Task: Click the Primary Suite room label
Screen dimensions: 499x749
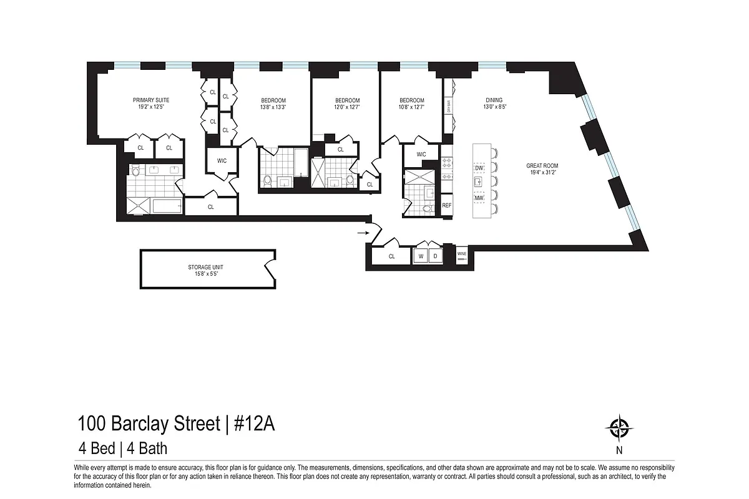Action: tap(150, 100)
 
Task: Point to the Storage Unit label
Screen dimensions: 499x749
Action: tap(203, 267)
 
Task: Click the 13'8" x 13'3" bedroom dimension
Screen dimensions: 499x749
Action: tap(273, 107)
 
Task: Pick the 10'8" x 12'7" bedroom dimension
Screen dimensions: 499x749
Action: tap(412, 107)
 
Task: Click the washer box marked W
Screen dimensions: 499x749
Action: tap(421, 256)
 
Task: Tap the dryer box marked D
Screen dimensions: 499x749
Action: tap(435, 256)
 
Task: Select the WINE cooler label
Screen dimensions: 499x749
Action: tap(462, 254)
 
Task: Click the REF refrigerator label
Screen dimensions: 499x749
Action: tap(447, 205)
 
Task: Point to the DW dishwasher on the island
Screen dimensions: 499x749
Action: tap(479, 169)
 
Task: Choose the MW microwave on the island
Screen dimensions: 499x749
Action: tap(479, 198)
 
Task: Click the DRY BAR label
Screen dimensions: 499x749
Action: tap(448, 107)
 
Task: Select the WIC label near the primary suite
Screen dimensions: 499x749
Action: tap(222, 161)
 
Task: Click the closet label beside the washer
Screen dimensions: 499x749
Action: tap(391, 256)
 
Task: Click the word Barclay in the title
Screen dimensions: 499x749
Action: tap(139, 425)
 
